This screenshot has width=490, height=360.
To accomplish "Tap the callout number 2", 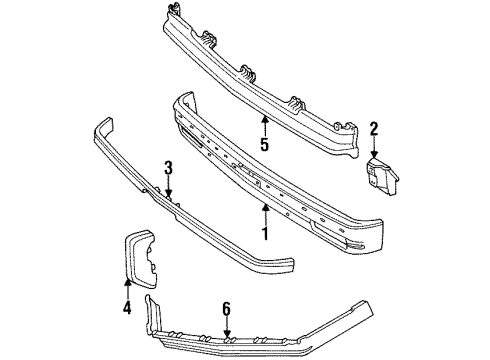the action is coord(374,128).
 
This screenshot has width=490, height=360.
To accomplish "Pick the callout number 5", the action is coord(265,144).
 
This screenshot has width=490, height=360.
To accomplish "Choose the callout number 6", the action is coord(228,310).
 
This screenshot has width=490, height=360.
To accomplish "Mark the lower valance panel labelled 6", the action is coord(300,330).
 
